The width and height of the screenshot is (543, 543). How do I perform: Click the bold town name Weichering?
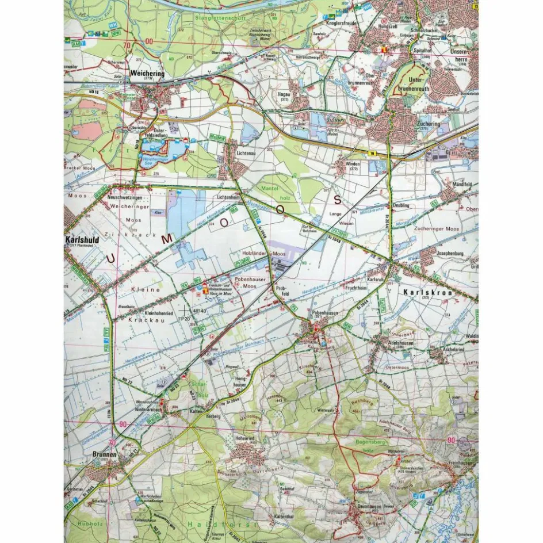147,74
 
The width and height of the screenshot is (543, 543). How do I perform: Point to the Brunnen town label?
104,454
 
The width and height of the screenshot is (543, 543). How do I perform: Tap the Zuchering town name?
427,124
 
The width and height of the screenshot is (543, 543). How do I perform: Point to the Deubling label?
400,205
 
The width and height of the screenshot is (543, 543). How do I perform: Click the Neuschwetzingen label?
124,197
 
